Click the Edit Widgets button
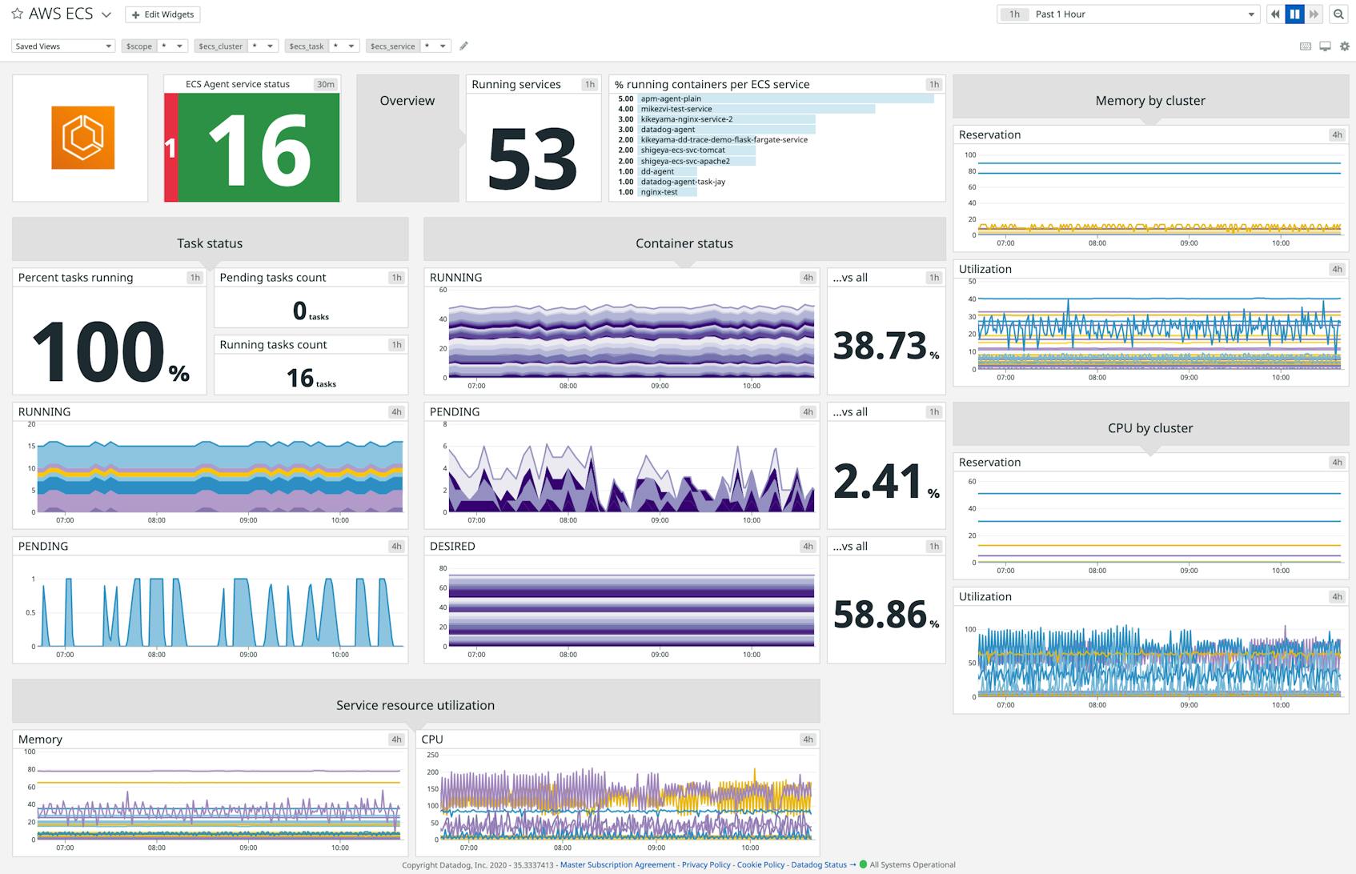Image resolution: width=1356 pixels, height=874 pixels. click(162, 14)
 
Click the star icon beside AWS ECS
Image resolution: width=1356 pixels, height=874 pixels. click(17, 14)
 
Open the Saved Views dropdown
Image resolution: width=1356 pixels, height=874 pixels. click(63, 46)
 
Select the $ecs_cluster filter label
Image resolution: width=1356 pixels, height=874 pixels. click(220, 46)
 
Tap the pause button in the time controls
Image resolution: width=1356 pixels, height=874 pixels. click(1294, 14)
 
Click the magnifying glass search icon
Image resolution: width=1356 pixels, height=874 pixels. click(1338, 14)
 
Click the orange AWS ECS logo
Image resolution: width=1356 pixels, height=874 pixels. click(82, 138)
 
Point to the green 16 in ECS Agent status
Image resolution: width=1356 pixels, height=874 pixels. click(259, 149)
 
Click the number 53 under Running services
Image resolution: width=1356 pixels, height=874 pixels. click(532, 158)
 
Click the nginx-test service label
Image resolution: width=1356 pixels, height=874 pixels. click(659, 192)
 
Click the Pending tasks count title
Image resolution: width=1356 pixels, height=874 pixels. click(273, 278)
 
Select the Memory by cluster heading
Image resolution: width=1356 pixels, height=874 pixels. click(1149, 101)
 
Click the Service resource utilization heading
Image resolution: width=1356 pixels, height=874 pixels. click(415, 705)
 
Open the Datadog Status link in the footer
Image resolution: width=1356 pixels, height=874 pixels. click(819, 864)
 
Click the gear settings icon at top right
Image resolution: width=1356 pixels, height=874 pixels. click(1344, 46)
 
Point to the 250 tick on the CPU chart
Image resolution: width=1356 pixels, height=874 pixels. click(432, 755)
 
